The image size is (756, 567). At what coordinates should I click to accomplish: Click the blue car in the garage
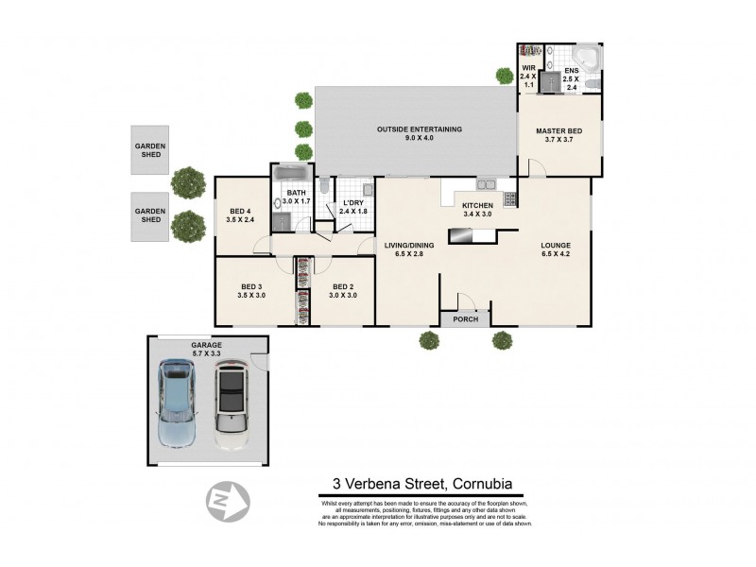coord(177,404)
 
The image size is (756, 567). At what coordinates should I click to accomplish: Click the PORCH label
coord(466,318)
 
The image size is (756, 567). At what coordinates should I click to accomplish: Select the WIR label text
coord(528,68)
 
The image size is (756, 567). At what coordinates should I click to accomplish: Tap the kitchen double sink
coord(486,184)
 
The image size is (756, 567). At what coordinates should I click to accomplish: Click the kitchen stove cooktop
coord(510,198)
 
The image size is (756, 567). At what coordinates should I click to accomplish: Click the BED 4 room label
coord(240,211)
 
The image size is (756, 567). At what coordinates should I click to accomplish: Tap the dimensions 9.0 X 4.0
coord(419,139)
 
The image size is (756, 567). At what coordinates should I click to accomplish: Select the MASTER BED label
coord(558,131)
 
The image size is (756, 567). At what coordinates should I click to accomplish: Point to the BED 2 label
coord(342,286)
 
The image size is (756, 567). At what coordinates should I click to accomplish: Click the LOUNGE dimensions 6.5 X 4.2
coord(556,255)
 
